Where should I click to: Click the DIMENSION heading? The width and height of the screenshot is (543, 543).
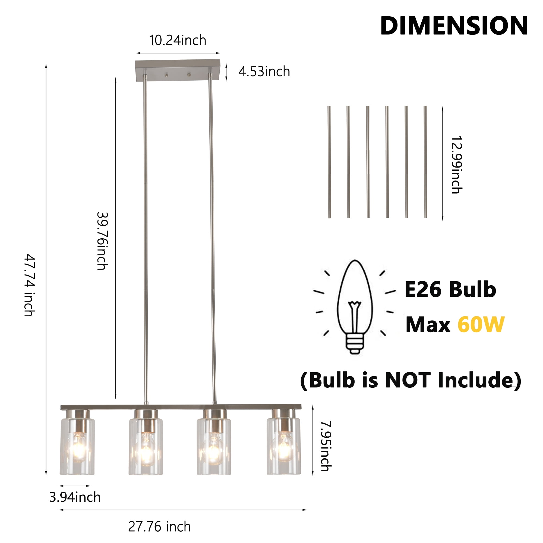(x=454, y=26)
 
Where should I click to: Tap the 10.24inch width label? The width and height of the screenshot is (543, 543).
(x=178, y=40)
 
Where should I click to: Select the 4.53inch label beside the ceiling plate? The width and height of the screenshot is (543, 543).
(x=264, y=71)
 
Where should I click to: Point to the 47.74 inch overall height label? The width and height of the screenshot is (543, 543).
(x=29, y=285)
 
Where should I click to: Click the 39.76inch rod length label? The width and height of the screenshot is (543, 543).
(x=102, y=241)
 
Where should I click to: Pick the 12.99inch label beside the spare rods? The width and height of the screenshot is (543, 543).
(x=456, y=165)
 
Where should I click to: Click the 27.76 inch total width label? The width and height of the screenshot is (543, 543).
(x=159, y=527)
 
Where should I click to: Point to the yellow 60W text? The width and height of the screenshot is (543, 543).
(x=481, y=325)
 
